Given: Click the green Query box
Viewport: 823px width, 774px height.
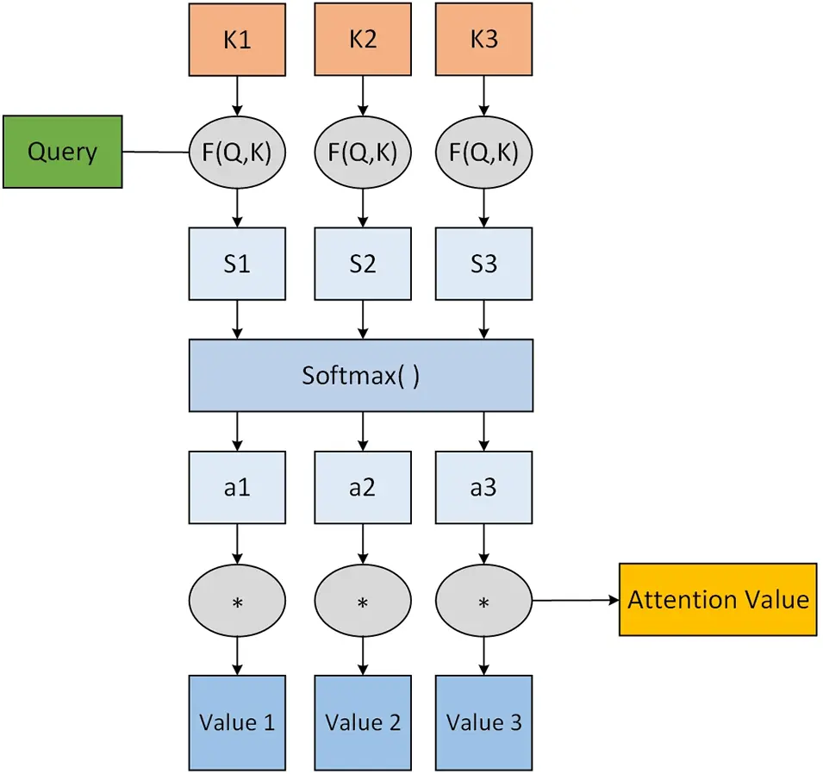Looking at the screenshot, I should tap(62, 152).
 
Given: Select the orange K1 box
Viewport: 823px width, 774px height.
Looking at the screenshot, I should tap(237, 40).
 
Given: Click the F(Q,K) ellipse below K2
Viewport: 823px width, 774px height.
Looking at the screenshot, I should tap(363, 152).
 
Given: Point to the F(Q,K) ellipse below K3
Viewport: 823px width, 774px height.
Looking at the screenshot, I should tap(483, 152).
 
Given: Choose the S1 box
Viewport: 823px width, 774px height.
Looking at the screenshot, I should tap(237, 264).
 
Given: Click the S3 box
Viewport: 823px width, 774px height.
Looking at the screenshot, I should tap(483, 264).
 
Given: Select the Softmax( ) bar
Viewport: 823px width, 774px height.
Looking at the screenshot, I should tap(360, 376).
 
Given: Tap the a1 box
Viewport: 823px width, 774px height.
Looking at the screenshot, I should tap(237, 488).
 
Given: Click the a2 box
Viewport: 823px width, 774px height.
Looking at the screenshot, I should tap(363, 488).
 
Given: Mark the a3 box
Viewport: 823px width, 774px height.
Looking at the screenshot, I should tap(483, 488).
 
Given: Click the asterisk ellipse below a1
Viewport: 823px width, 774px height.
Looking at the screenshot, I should tap(237, 601).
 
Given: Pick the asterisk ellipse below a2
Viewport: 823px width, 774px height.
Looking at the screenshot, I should tap(363, 601).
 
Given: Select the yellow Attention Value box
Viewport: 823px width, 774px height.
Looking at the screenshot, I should tap(717, 600).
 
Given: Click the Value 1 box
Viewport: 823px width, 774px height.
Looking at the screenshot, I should tap(237, 722).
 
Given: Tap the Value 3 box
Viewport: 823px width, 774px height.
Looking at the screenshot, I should tap(483, 722).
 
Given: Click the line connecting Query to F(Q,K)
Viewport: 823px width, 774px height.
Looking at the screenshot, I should tap(156, 153).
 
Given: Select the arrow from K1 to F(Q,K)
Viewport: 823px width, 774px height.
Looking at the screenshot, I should tap(237, 94).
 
